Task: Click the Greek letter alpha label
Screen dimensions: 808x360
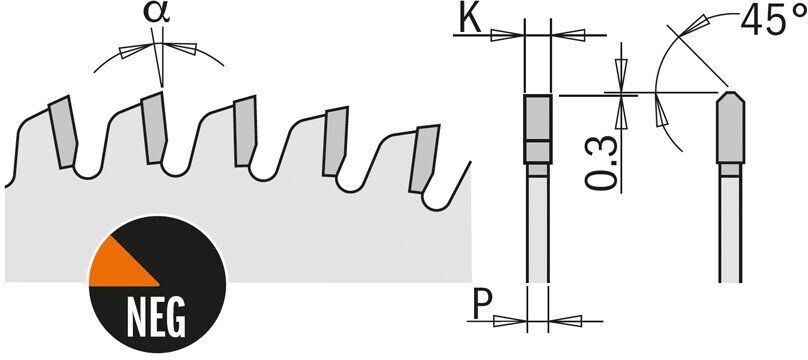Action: [x=157, y=14]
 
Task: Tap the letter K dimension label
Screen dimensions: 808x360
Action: [x=470, y=20]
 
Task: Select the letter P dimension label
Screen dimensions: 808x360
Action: [x=482, y=304]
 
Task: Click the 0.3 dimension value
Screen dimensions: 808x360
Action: [x=601, y=163]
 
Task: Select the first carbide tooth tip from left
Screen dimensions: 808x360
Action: [x=63, y=132]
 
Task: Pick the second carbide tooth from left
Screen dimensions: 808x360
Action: [x=154, y=128]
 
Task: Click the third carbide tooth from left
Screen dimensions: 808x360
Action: [x=245, y=131]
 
